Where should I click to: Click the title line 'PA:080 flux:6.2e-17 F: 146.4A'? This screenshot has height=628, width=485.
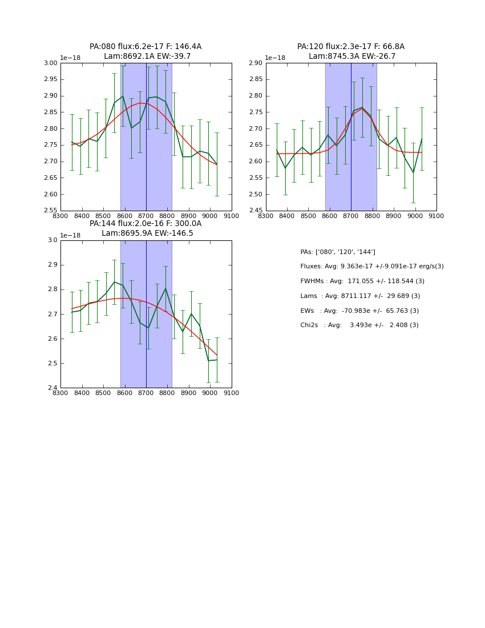click(x=145, y=47)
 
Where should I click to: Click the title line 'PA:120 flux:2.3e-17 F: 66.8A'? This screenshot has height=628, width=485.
click(x=351, y=47)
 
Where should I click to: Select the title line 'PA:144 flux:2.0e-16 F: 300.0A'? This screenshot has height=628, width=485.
click(x=145, y=224)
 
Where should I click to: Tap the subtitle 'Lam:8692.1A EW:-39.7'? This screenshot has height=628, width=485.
click(x=147, y=57)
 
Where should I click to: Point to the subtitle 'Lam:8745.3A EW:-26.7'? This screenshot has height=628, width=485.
click(x=352, y=57)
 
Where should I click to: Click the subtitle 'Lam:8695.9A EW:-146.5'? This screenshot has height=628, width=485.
click(x=147, y=234)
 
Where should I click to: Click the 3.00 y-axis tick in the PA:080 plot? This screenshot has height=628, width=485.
click(x=51, y=63)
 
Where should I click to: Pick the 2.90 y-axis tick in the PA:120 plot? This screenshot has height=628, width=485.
click(x=256, y=63)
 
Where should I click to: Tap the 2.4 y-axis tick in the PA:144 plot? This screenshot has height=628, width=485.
click(x=53, y=388)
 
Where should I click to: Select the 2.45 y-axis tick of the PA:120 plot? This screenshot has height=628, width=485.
click(x=256, y=211)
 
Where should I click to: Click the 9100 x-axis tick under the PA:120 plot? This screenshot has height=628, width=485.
click(x=436, y=216)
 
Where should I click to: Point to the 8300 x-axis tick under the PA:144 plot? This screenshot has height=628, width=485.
click(x=60, y=393)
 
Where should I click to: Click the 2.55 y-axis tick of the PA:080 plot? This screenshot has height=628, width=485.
click(x=51, y=211)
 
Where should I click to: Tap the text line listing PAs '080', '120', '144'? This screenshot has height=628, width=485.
click(x=338, y=252)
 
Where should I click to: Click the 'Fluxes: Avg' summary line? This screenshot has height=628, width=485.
click(x=371, y=267)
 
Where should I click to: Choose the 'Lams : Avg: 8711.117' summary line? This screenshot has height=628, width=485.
click(x=360, y=296)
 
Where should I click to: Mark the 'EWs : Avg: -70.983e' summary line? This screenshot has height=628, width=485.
click(x=359, y=311)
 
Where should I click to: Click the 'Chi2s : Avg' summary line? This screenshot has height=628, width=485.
click(x=359, y=325)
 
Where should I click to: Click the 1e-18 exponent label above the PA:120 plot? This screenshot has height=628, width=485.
click(x=275, y=58)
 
